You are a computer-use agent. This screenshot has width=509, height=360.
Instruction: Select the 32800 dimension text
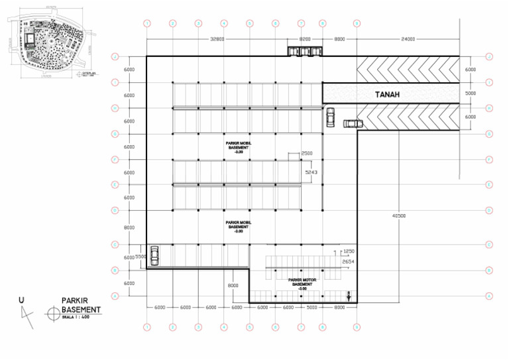(217, 39)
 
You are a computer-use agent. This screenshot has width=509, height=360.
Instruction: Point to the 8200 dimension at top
(306, 39)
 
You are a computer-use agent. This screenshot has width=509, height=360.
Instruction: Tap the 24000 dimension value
(408, 39)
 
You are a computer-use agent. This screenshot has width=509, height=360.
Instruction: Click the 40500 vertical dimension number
(399, 215)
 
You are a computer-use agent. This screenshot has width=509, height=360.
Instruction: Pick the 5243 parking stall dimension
(311, 172)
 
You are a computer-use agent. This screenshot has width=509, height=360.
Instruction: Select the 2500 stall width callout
(307, 154)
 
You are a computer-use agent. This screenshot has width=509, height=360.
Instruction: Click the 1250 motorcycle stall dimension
(349, 252)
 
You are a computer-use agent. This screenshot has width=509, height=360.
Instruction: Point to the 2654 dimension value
(349, 263)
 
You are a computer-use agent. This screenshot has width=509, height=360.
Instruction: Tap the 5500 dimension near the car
(141, 257)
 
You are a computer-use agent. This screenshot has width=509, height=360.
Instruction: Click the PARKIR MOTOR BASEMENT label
(302, 284)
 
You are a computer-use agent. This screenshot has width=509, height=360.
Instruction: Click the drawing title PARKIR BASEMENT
(81, 304)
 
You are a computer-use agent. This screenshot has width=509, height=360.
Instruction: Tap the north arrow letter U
(22, 300)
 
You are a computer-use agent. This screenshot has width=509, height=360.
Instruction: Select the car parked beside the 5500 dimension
(154, 255)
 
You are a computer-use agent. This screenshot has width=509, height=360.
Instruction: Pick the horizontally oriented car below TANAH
(353, 123)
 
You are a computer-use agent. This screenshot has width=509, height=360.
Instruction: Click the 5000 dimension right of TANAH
(471, 94)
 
